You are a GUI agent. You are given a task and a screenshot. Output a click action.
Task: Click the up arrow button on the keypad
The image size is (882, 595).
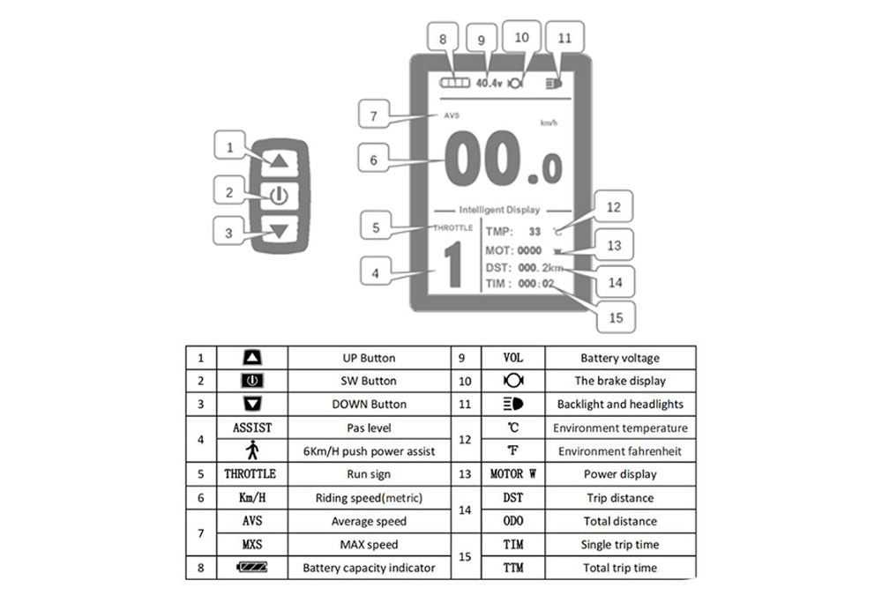(280, 161)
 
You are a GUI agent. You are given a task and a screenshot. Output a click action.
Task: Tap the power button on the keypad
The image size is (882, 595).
(280, 196)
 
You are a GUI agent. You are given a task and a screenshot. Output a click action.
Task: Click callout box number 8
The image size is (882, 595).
(443, 40)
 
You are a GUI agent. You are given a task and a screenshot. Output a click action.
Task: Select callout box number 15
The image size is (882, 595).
(617, 315)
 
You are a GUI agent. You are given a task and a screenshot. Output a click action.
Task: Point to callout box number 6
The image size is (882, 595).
(374, 161)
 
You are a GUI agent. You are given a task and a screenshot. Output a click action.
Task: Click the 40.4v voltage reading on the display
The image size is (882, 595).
(489, 84)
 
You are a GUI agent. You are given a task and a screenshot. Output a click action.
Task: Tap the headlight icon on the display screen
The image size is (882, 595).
(554, 84)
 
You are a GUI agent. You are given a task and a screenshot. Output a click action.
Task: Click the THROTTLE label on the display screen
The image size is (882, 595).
(452, 228)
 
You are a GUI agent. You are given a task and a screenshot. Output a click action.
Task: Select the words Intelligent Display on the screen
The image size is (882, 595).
(500, 210)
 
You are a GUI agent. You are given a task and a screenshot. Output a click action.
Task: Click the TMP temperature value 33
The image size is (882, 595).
(534, 232)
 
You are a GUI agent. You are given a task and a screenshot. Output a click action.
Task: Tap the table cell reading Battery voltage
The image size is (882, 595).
(619, 358)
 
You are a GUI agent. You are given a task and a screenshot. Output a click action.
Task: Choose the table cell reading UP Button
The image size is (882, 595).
(368, 358)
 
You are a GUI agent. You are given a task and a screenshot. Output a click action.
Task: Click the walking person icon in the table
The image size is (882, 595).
(251, 450)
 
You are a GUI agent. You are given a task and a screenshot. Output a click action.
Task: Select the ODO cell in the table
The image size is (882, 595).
(512, 521)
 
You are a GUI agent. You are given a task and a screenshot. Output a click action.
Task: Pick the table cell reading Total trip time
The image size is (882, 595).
(619, 568)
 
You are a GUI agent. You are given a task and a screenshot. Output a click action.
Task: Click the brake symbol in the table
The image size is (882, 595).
(512, 382)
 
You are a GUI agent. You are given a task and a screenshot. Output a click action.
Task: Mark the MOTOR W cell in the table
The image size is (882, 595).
(512, 474)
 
